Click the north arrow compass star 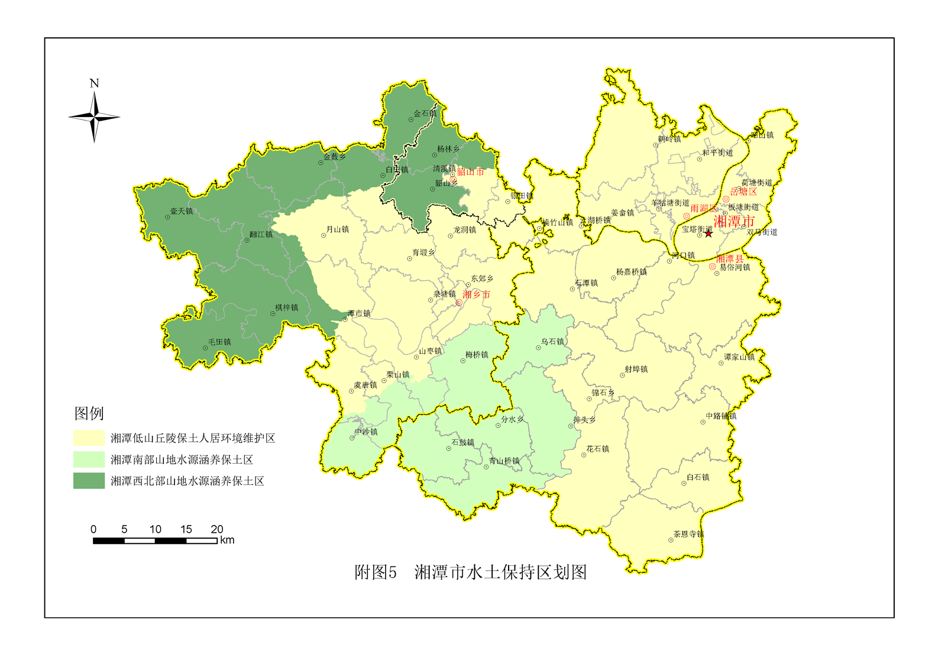click(x=94, y=117)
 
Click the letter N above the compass click(x=94, y=83)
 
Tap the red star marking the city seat click(x=709, y=234)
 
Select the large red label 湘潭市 click(x=734, y=222)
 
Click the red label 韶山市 click(x=471, y=172)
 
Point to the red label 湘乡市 click(x=476, y=294)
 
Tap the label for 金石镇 click(x=425, y=114)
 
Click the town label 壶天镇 click(x=182, y=211)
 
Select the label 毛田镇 click(x=219, y=342)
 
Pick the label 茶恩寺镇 click(x=688, y=534)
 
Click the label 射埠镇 click(x=636, y=369)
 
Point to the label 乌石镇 click(x=552, y=342)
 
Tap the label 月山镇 click(x=338, y=229)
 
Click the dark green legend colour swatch click(x=89, y=481)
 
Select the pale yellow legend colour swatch click(x=89, y=438)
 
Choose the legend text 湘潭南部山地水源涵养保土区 click(x=182, y=459)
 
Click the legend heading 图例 click(x=89, y=413)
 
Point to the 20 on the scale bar click(x=216, y=529)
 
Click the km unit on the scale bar click(x=227, y=540)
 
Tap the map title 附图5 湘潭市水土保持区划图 click(x=470, y=572)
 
